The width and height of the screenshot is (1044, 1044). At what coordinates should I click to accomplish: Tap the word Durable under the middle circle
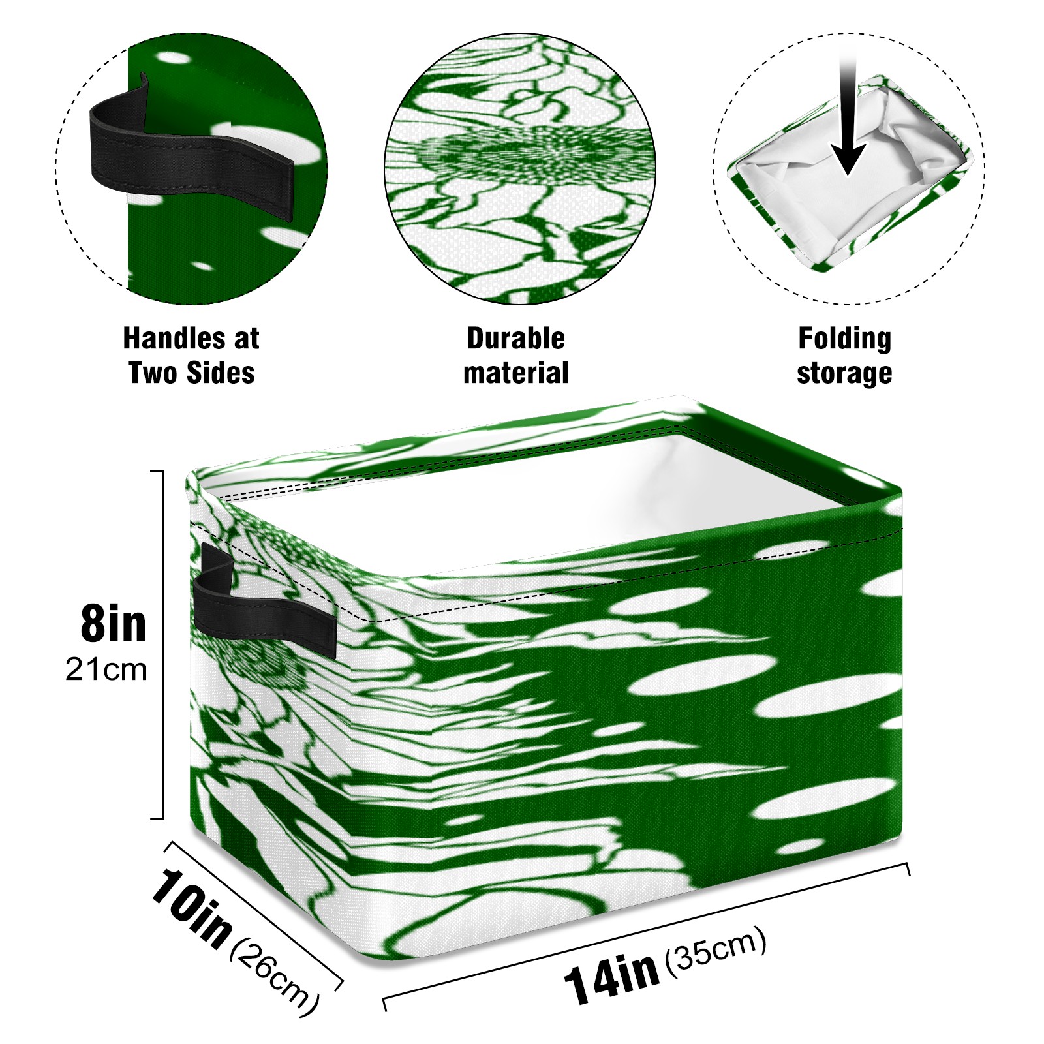click(x=515, y=339)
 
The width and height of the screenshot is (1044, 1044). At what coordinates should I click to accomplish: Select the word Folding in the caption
click(x=845, y=339)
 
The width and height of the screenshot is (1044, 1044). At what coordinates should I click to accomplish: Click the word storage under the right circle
click(x=844, y=374)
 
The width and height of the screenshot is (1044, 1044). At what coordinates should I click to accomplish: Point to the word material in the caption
click(x=515, y=373)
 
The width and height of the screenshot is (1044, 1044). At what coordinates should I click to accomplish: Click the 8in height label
click(x=114, y=624)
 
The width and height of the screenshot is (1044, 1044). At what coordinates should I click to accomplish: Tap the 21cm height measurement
click(x=106, y=670)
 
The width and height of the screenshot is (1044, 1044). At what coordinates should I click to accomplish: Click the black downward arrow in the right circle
click(x=848, y=117)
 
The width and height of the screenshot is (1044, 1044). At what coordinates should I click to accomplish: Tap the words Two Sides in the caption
click(x=191, y=373)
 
